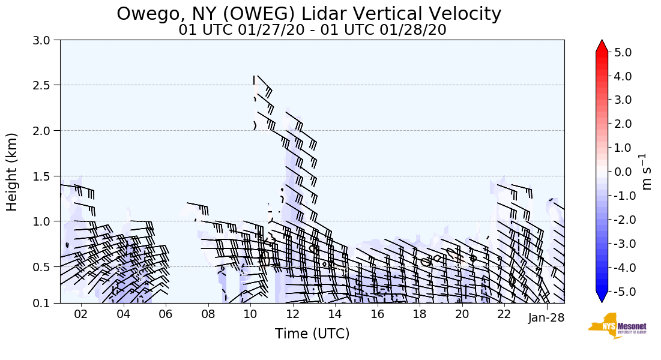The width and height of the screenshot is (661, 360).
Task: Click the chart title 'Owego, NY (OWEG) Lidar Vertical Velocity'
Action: point(309,14)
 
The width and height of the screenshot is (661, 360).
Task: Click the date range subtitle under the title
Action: point(312,30)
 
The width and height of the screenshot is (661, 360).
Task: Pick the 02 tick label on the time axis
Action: point(81,314)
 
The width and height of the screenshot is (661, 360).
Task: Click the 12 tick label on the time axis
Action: point(293,314)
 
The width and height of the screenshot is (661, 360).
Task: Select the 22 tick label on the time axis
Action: point(504,314)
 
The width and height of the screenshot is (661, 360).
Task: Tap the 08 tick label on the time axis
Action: point(208,314)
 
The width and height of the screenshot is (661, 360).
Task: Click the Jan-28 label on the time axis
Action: point(546,318)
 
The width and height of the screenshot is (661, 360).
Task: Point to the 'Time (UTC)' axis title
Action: point(312,334)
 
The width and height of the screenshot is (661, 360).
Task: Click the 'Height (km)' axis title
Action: point(13,172)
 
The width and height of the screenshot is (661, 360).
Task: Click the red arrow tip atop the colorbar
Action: point(602,45)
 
